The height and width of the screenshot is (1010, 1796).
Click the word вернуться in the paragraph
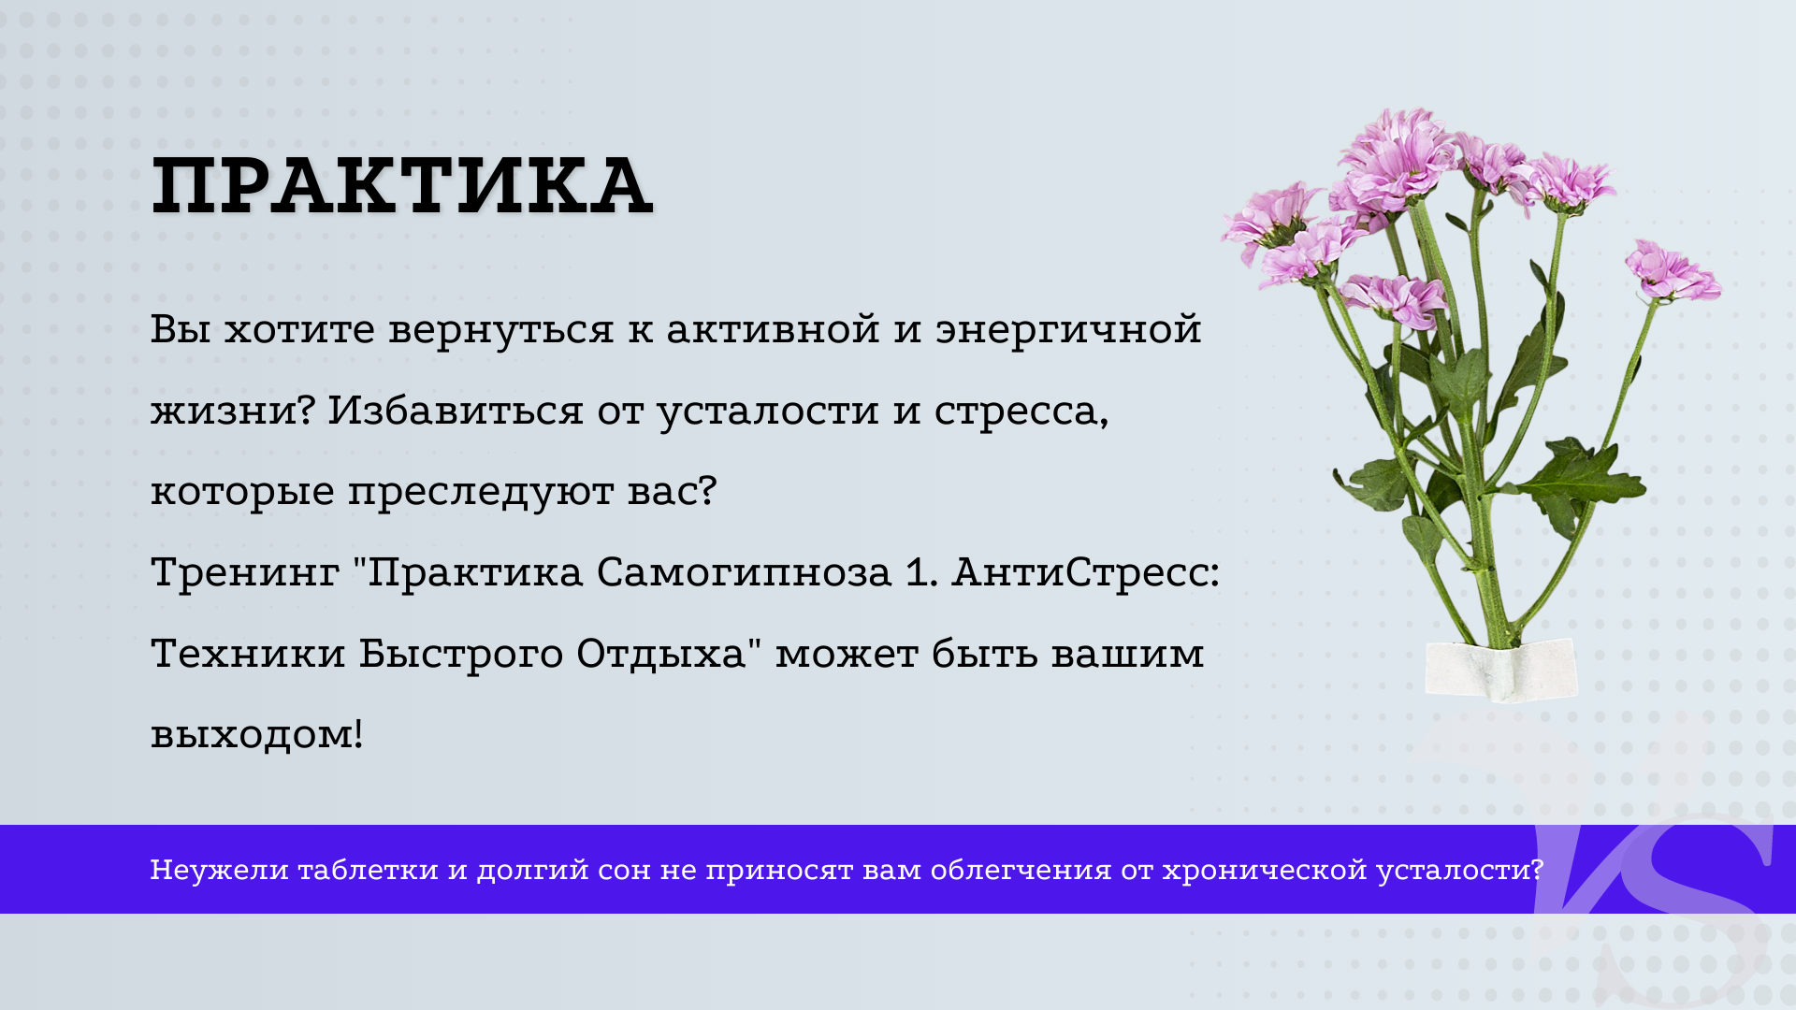(501, 329)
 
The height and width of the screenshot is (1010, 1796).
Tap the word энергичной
(1068, 330)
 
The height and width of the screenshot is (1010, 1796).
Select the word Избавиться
(456, 411)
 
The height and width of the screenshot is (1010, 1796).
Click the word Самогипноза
(745, 572)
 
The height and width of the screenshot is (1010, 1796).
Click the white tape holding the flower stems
(1500, 670)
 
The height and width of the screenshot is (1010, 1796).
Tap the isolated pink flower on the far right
(1672, 270)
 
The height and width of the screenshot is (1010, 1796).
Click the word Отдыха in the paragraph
(661, 654)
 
